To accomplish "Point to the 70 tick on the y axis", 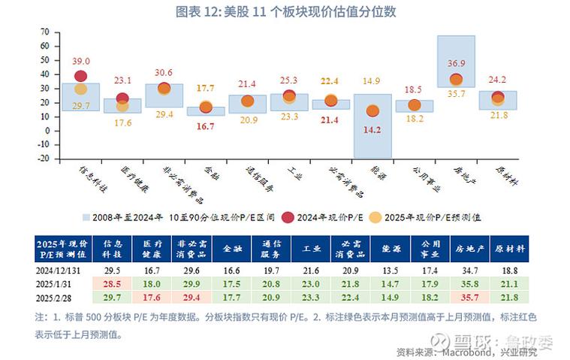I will (44, 32).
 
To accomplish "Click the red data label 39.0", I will (81, 61).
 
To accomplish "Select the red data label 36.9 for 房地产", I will (456, 63).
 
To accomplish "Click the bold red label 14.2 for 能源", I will (372, 129).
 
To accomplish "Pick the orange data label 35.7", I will (456, 95).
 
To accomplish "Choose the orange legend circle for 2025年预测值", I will (376, 217).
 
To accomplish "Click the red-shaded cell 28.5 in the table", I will (112, 283).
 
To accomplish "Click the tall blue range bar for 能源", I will (372, 126).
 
